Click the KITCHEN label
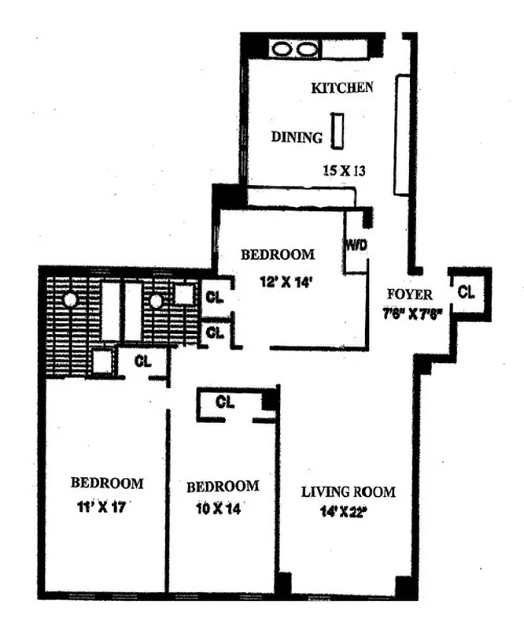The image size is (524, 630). pyautogui.click(x=341, y=87)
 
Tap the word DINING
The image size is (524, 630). pyautogui.click(x=297, y=137)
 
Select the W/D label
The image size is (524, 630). pyautogui.click(x=356, y=245)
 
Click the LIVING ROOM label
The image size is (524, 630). pyautogui.click(x=349, y=492)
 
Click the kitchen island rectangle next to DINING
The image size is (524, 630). pyautogui.click(x=338, y=131)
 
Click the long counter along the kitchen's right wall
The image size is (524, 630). pyautogui.click(x=402, y=135)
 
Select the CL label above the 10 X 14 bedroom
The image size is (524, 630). pyautogui.click(x=225, y=402)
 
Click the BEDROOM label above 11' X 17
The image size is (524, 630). pyautogui.click(x=107, y=483)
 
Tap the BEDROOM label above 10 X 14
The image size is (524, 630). pyautogui.click(x=223, y=486)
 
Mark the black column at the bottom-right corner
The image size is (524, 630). pyautogui.click(x=404, y=587)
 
